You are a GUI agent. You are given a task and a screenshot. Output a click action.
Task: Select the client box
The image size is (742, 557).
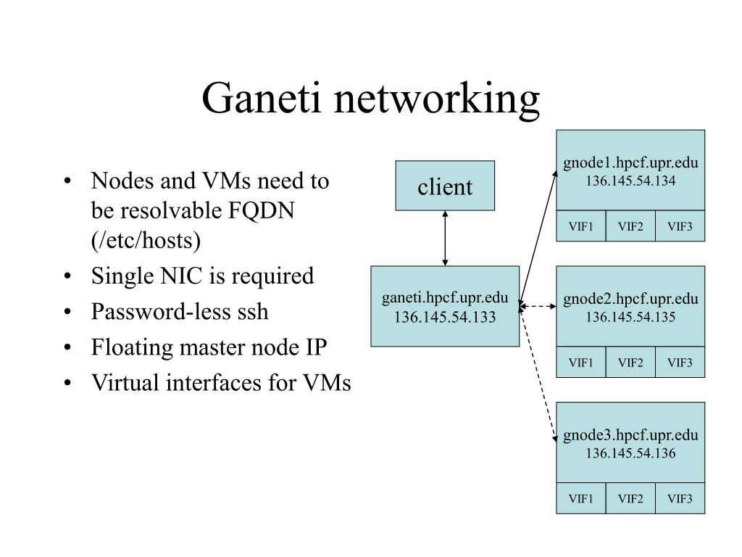445,186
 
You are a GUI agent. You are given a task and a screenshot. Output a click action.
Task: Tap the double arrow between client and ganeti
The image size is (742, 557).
445,238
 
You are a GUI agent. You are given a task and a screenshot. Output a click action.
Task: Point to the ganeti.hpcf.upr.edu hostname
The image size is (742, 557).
445,299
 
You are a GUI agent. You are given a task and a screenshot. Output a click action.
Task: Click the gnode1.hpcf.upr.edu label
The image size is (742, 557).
630,162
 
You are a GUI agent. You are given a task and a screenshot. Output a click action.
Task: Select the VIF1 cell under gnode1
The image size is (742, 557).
581,227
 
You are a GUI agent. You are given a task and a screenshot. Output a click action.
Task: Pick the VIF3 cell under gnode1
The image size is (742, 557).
680,227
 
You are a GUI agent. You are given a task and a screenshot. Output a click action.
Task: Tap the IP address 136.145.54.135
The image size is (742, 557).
630,316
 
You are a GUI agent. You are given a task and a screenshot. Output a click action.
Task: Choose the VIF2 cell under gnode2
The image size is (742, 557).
630,363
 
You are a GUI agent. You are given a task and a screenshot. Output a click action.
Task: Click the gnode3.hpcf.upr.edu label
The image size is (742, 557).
630,435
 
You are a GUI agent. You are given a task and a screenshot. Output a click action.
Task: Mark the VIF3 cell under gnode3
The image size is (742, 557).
680,499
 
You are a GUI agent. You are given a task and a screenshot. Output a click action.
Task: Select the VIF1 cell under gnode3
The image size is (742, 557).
581,499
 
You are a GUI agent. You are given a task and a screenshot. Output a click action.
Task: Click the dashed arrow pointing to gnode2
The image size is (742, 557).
538,306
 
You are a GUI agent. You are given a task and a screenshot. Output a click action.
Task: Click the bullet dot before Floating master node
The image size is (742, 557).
67,348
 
